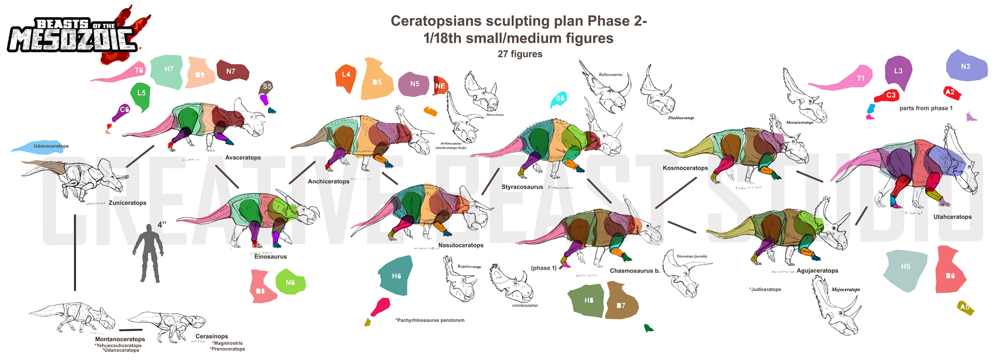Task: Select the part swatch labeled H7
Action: (x=168, y=71)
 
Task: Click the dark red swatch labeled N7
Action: (x=232, y=71)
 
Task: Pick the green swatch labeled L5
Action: (x=141, y=96)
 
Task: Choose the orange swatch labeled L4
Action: (x=346, y=77)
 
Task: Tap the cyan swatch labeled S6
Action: (x=559, y=99)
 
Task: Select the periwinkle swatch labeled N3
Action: (x=966, y=67)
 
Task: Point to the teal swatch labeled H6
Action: (x=396, y=276)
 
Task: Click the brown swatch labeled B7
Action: (x=621, y=303)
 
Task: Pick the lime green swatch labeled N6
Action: (x=290, y=283)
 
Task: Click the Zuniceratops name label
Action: (x=127, y=203)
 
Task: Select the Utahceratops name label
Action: (x=952, y=217)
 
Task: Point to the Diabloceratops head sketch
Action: (x=659, y=93)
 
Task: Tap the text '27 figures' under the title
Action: (x=520, y=54)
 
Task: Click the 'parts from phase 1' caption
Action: (x=926, y=108)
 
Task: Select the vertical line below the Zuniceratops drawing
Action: (x=75, y=252)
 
